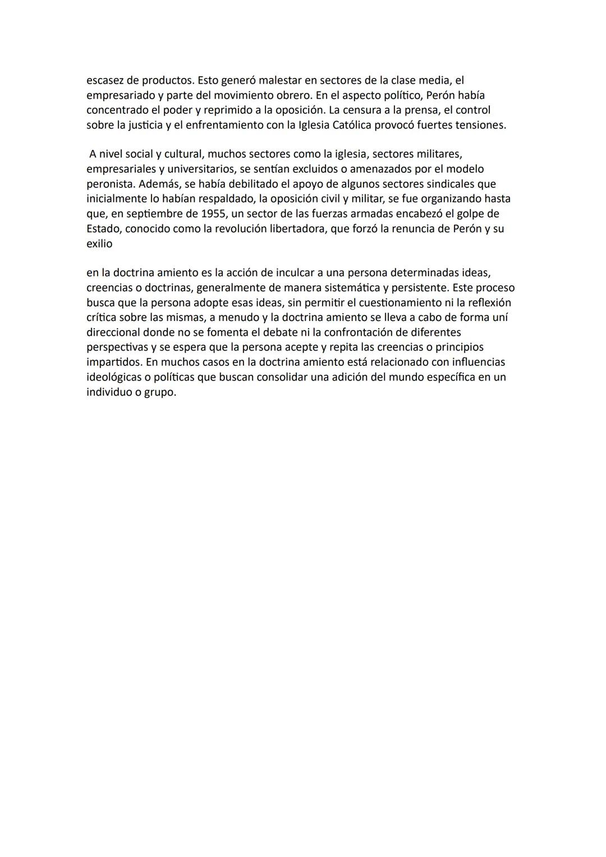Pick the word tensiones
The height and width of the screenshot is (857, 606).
click(481, 125)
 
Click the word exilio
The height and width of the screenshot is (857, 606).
click(99, 244)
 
